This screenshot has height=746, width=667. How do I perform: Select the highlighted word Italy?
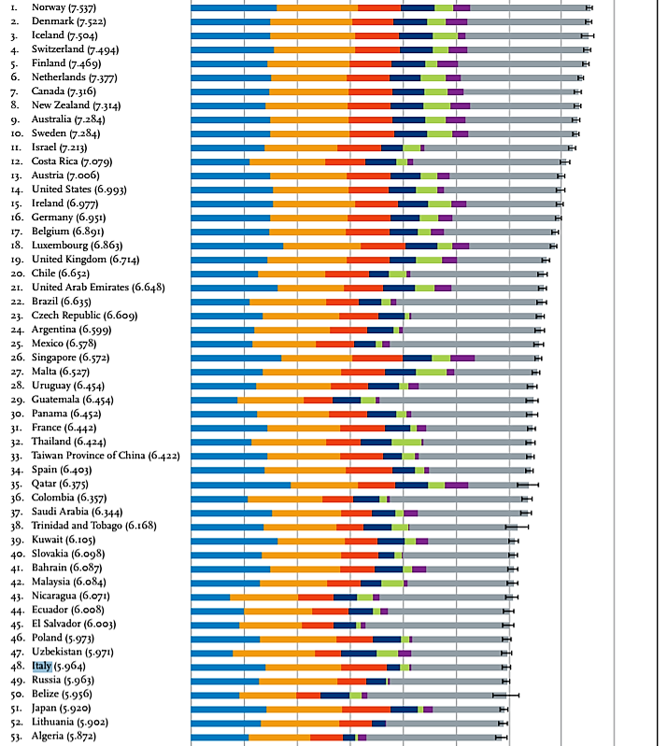41,667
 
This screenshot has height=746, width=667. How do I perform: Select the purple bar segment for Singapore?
462,358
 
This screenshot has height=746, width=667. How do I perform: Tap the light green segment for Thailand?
406,442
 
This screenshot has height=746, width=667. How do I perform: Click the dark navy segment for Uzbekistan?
359,653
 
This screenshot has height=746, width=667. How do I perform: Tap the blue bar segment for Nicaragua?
210,597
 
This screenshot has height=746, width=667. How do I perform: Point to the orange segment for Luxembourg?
321,246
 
